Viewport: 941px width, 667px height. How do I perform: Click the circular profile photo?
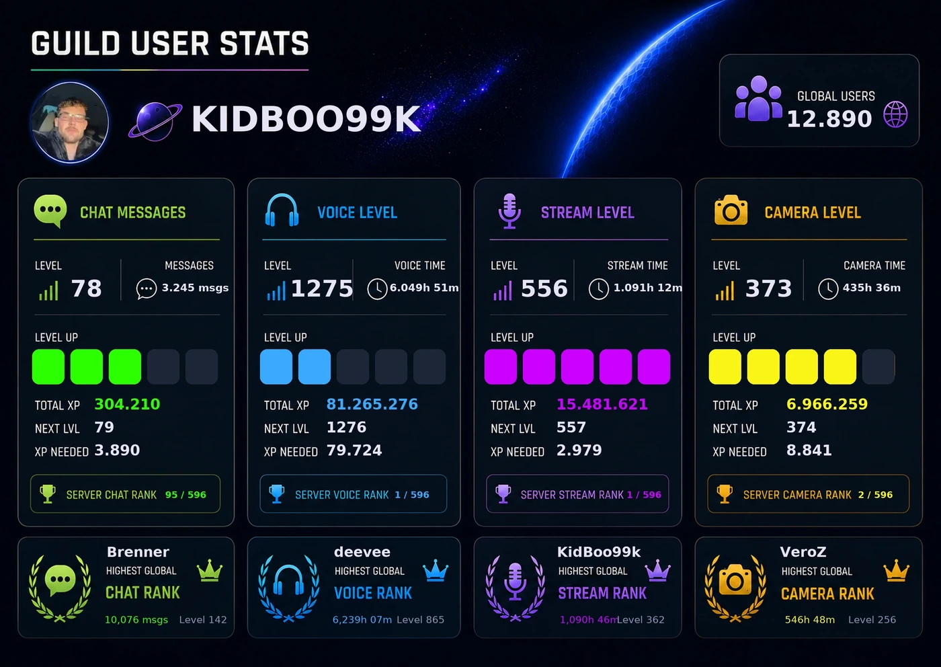(x=70, y=122)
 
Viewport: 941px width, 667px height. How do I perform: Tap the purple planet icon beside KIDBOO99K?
(x=155, y=121)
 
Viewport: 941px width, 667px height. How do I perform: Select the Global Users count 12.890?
(x=829, y=118)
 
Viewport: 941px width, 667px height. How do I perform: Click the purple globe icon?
(x=895, y=114)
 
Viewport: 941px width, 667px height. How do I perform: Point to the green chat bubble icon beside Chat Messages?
(x=50, y=211)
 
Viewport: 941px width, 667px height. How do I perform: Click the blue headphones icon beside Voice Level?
(x=282, y=210)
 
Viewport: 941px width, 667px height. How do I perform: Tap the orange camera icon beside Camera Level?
(x=731, y=210)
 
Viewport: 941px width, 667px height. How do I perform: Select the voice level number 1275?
(x=322, y=288)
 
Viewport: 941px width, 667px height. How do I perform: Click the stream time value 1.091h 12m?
(x=648, y=288)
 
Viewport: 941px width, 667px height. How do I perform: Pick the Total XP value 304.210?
(x=127, y=404)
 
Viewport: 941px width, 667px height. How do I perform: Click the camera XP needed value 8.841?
(x=809, y=450)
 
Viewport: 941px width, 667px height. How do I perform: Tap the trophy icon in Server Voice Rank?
(x=276, y=494)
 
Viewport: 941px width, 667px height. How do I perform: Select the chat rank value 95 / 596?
(x=186, y=495)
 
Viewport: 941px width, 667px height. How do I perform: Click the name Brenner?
(x=138, y=552)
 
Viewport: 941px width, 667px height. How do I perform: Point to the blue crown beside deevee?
(x=436, y=570)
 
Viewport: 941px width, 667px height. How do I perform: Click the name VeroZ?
(x=803, y=552)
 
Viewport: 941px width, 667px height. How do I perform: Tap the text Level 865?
(x=421, y=619)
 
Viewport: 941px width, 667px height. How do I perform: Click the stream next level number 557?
(x=571, y=428)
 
